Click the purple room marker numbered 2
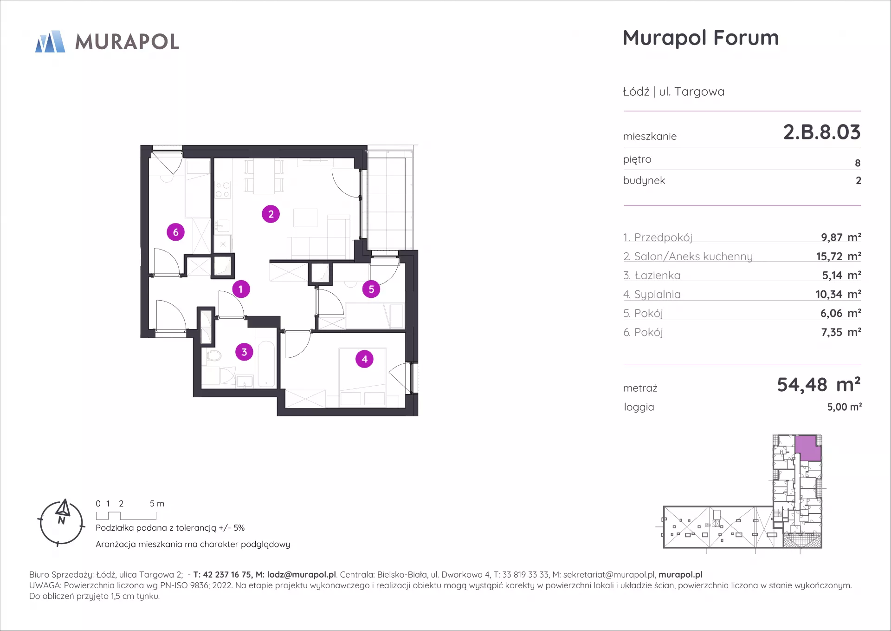coord(271,214)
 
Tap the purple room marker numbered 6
coord(175,232)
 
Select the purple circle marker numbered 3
coord(244,352)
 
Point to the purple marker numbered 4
coord(364,359)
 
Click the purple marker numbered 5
coord(371,289)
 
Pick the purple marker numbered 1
coord(241,289)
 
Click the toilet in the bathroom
coord(213,356)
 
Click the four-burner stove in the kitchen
coord(223,189)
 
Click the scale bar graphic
coord(126,516)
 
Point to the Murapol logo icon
coord(50,41)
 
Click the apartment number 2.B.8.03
coord(822,132)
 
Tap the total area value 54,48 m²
coord(819,385)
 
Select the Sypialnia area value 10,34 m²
coord(838,294)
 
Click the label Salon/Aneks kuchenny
coord(693,256)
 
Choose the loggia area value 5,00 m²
coord(844,407)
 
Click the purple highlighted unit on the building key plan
coord(807,448)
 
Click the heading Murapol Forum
coord(701,38)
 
